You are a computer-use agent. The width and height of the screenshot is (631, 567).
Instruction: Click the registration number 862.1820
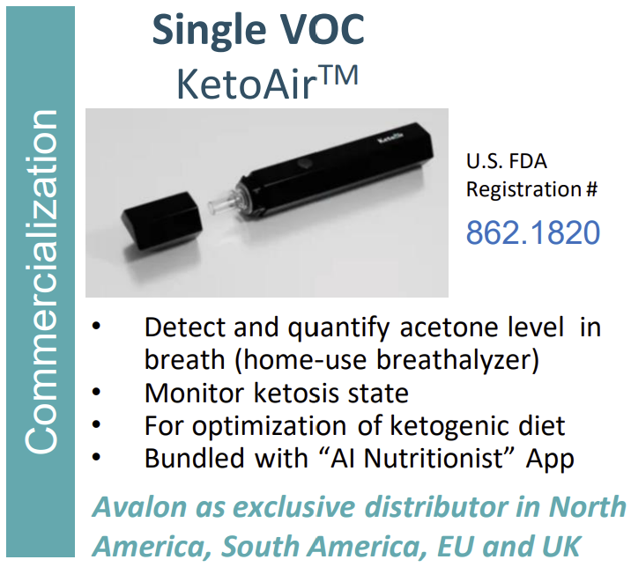[533, 232]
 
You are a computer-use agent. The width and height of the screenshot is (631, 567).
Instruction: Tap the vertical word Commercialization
[41, 282]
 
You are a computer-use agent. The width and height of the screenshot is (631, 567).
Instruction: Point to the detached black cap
[162, 220]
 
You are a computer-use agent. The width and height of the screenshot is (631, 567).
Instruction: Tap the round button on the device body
[305, 164]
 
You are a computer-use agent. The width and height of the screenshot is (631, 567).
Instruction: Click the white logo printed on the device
[390, 139]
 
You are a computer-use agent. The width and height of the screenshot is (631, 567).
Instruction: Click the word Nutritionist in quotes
[433, 458]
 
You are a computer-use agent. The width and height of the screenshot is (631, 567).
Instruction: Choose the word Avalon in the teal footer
[139, 506]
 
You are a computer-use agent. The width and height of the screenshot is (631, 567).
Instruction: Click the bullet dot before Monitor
[96, 392]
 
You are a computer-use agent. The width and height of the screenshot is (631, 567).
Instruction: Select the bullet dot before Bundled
[96, 457]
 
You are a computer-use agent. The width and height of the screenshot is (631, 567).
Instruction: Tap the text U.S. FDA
[506, 161]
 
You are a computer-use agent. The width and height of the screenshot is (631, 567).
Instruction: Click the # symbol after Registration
[591, 189]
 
